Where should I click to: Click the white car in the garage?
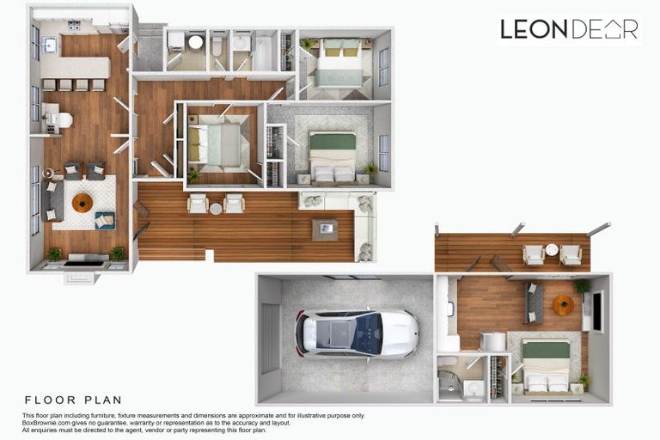click(357, 333)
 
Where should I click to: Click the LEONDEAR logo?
click(569, 29)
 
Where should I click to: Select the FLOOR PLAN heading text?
click(73, 400)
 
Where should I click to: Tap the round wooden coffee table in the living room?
click(82, 203)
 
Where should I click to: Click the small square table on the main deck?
click(325, 229)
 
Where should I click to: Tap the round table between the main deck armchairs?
click(216, 207)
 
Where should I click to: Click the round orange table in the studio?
click(564, 304)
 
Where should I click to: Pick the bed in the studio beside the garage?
click(546, 364)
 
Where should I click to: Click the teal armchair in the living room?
click(104, 221)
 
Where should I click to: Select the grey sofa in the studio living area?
click(534, 302)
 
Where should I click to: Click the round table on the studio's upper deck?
click(552, 251)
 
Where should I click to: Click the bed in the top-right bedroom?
click(340, 61)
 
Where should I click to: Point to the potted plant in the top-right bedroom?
click(307, 43)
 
